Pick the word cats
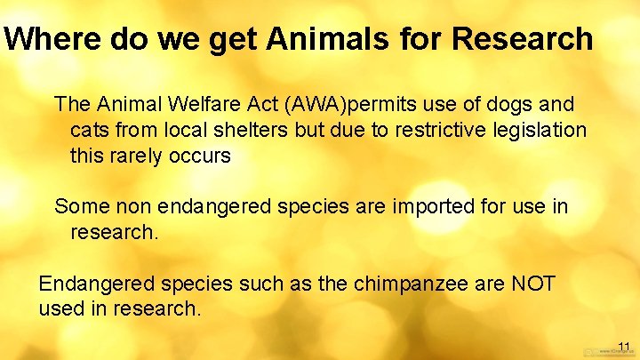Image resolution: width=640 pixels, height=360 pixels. point(90,131)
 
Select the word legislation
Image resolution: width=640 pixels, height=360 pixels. point(542,131)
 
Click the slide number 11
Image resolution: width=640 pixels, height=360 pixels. point(623,346)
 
